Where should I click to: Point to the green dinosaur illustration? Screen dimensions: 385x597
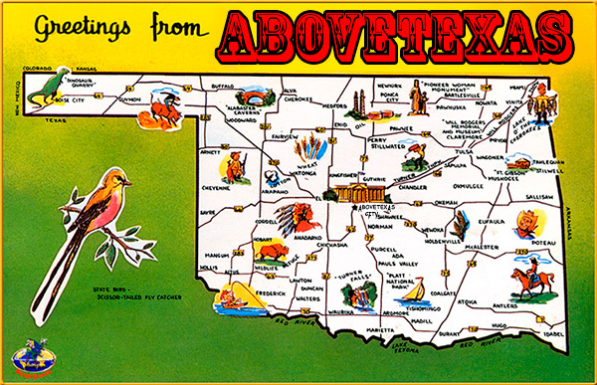coord(42,87)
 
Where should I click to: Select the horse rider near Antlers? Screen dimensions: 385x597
coord(527,280)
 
